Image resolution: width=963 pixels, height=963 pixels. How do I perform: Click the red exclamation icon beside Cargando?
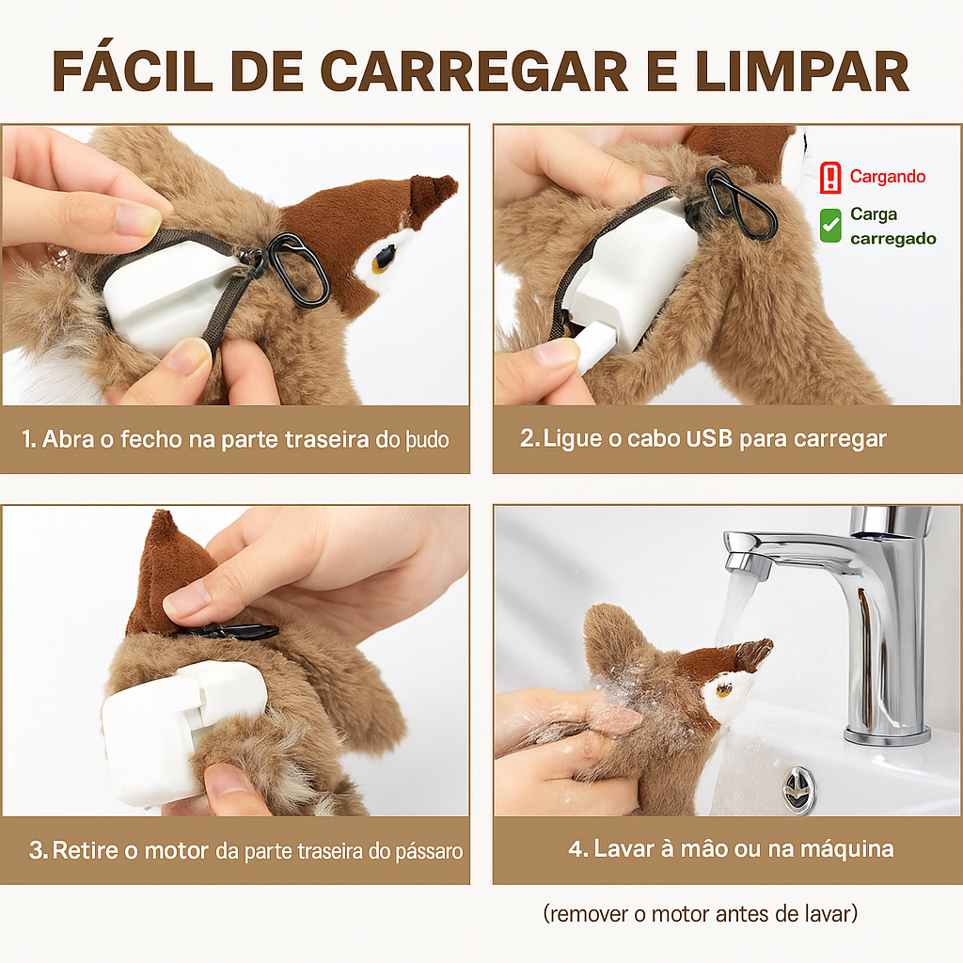pos(830,177)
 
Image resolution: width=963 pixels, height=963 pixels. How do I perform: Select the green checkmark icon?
pos(830,226)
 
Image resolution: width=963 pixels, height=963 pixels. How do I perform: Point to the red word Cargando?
pos(887,177)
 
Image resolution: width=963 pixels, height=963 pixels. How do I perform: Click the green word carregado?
pos(892,239)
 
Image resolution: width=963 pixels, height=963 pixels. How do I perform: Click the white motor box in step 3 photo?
pos(160,734)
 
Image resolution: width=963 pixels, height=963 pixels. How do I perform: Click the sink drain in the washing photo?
pos(799,788)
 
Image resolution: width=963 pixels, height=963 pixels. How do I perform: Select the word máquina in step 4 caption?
pos(846,848)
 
